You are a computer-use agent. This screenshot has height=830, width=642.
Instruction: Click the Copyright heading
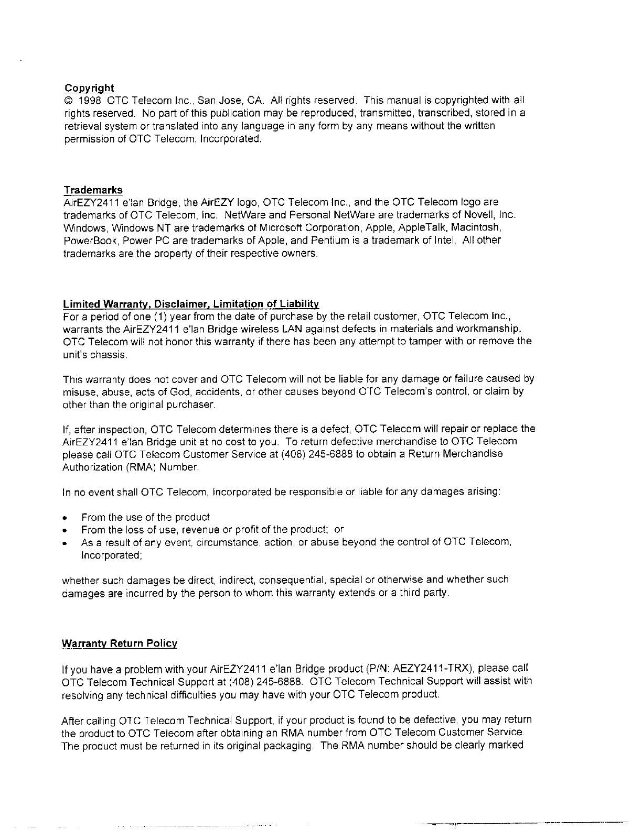click(89, 88)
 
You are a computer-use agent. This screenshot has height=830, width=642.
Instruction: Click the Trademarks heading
click(93, 190)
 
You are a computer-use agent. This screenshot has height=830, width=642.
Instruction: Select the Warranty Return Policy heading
click(120, 643)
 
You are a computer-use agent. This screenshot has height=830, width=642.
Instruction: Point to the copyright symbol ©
click(68, 101)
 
